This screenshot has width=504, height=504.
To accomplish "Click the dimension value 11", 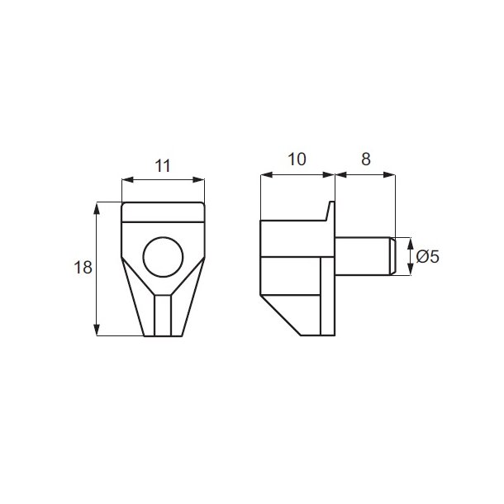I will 162,164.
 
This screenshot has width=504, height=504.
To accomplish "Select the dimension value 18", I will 82,268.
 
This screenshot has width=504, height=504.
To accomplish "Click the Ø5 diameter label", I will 427,256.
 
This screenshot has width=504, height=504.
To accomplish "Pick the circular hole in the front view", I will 162,257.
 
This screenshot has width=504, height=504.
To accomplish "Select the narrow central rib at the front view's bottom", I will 162,315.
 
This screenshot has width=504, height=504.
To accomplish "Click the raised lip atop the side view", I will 330,212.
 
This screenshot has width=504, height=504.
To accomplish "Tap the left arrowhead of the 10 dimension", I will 264,174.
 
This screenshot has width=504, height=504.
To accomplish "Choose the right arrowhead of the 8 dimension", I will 392,174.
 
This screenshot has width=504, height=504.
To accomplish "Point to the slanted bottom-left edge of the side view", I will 279,312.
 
